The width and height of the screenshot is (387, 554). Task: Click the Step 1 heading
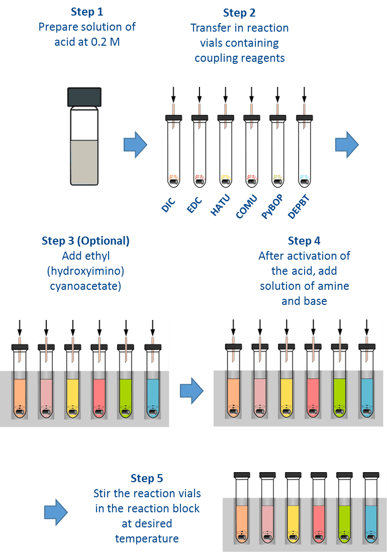[x=87, y=12]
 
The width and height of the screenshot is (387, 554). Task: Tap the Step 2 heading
[x=239, y=13]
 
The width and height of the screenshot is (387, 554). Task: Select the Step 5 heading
[x=147, y=478]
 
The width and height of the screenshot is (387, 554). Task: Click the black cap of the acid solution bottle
[x=84, y=97]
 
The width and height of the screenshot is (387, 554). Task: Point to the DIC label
[x=168, y=205]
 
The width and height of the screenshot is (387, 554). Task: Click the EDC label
[x=194, y=205]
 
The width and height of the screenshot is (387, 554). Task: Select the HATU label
[x=220, y=205]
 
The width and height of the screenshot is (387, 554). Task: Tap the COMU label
[x=246, y=206]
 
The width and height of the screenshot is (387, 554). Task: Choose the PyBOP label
[x=272, y=206]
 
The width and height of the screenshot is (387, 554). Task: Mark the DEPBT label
[x=299, y=207]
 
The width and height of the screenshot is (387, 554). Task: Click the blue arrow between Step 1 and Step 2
[x=135, y=145]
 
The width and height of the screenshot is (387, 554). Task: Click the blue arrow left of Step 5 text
[x=56, y=512]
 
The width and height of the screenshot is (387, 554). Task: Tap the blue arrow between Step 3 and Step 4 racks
[x=192, y=391]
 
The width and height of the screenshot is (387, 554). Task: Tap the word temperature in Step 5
[x=147, y=538]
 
